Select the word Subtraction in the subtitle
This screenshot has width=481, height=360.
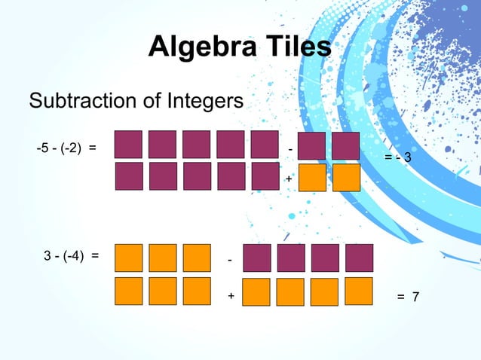[x=81, y=100]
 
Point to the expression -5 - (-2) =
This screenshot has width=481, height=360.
[x=66, y=147]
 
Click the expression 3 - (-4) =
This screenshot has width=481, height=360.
[x=72, y=255]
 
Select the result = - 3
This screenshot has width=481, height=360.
[x=397, y=158]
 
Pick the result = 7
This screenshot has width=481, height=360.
[x=408, y=297]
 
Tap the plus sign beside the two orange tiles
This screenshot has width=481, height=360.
[x=288, y=179]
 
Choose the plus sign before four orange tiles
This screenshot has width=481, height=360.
[x=231, y=297]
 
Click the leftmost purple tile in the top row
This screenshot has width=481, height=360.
[x=128, y=144]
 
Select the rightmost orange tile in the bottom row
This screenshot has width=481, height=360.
[x=359, y=291]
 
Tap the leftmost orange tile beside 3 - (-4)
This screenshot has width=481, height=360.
[x=128, y=258]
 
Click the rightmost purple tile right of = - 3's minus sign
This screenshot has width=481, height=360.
[x=346, y=146]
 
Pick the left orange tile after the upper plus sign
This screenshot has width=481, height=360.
[x=312, y=178]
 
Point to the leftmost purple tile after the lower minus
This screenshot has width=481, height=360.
[x=256, y=258]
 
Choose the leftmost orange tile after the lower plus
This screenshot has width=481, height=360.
[x=256, y=292]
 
